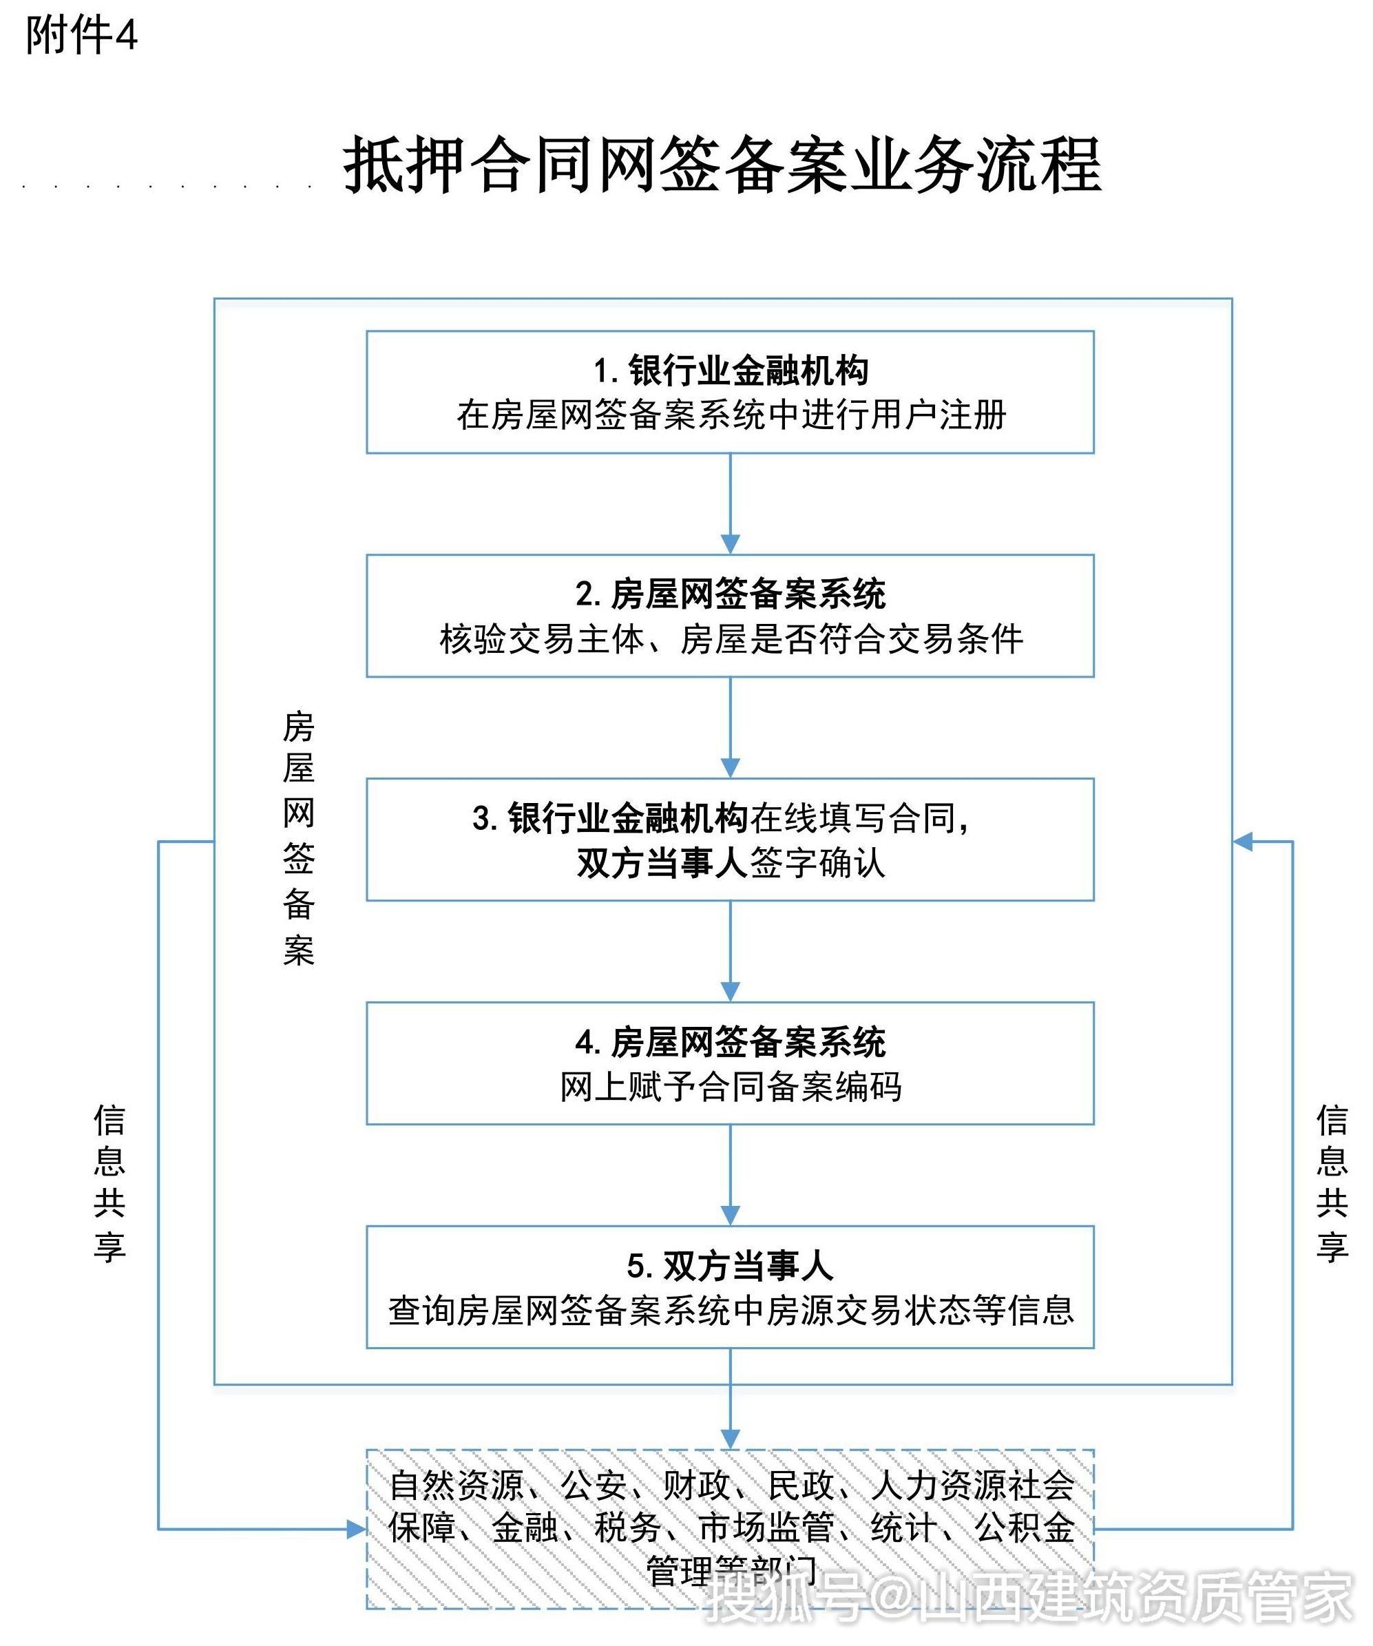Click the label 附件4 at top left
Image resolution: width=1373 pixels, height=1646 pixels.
click(x=81, y=36)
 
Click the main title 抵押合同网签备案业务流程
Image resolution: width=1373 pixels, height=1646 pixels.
click(x=722, y=165)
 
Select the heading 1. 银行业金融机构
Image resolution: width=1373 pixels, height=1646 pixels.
click(x=730, y=371)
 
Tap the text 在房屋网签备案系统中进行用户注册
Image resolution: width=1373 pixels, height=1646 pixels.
click(x=730, y=415)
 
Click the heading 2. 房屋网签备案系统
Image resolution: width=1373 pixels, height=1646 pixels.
click(x=730, y=594)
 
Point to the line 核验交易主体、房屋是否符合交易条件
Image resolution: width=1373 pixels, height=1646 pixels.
click(x=730, y=640)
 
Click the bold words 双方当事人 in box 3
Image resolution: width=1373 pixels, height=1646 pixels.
click(x=662, y=863)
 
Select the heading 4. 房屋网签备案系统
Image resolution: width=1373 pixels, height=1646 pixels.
click(x=730, y=1042)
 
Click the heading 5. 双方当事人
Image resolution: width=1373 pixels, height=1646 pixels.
click(x=730, y=1265)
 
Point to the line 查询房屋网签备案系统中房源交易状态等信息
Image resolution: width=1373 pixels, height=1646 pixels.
click(x=730, y=1311)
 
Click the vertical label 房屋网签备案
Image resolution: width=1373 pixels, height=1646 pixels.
click(x=299, y=839)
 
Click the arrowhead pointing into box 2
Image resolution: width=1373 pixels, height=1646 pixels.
click(x=730, y=545)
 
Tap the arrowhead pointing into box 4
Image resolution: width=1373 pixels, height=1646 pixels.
click(x=730, y=992)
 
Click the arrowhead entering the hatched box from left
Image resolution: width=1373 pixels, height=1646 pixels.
click(x=357, y=1529)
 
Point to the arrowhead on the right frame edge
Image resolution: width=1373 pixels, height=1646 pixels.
click(x=1243, y=842)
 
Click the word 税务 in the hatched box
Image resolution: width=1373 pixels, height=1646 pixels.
click(x=627, y=1528)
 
